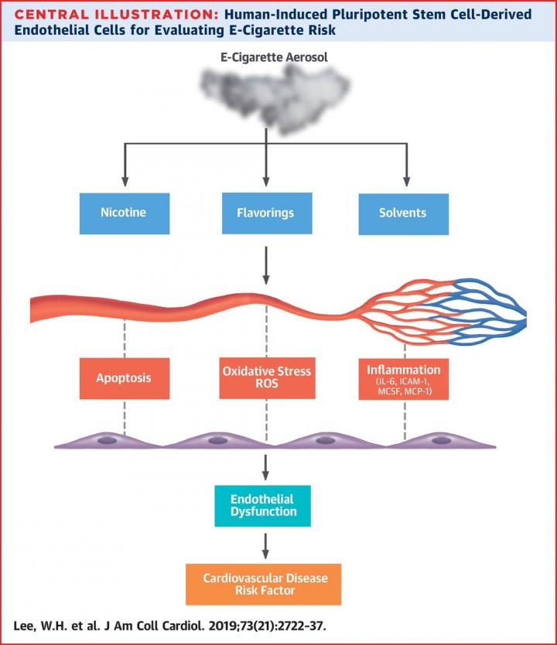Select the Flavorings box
(x=266, y=212)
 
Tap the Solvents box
(x=402, y=212)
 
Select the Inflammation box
(x=405, y=379)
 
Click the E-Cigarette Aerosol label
(x=266, y=58)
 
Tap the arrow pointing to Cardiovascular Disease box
(x=266, y=545)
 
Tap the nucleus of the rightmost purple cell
(x=442, y=440)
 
